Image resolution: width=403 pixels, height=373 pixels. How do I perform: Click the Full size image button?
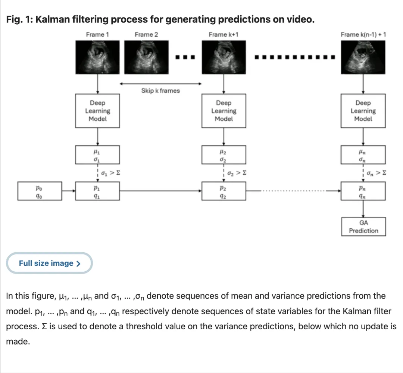tap(49, 263)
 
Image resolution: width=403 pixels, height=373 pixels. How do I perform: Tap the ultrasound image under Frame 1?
tap(97, 58)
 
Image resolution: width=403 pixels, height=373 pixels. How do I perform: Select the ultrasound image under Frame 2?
tap(146, 58)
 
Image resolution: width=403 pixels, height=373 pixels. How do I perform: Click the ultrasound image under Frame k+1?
tap(224, 58)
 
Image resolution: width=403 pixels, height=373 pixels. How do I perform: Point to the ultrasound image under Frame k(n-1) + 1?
tap(363, 58)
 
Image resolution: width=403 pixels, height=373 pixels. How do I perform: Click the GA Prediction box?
tap(363, 227)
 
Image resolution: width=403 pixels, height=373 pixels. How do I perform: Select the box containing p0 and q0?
tap(39, 191)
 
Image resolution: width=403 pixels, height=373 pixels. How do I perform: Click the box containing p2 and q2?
tap(224, 191)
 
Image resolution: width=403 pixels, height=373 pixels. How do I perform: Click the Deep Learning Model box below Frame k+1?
tap(224, 111)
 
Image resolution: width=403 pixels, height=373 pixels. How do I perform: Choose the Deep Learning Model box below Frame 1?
tap(97, 111)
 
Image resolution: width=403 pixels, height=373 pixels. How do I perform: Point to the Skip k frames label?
tap(160, 90)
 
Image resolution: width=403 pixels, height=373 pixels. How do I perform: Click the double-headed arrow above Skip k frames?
tap(160, 83)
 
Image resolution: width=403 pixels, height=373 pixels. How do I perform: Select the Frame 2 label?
tap(146, 34)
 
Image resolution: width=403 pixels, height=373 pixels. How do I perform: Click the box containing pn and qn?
tap(363, 191)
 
